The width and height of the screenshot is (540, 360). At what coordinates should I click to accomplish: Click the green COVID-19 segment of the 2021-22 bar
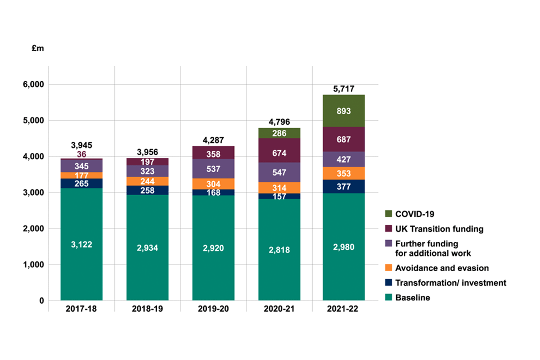[x=344, y=111]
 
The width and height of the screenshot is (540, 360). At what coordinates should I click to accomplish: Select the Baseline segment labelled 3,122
[x=82, y=244]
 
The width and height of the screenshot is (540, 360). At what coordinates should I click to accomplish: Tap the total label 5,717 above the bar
[x=344, y=89]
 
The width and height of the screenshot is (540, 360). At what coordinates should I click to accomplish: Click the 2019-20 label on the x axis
[x=213, y=310]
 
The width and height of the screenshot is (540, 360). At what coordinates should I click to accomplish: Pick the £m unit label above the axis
[x=38, y=49]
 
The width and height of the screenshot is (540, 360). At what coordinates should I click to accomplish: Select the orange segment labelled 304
[x=213, y=184]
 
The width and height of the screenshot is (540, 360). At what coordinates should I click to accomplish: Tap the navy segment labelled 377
[x=344, y=187]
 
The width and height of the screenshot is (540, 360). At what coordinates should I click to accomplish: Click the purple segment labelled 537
[x=213, y=169]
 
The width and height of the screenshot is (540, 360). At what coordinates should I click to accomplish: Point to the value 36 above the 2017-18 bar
[x=82, y=154]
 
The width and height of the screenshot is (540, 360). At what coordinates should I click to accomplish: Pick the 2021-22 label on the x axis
[x=344, y=310]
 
